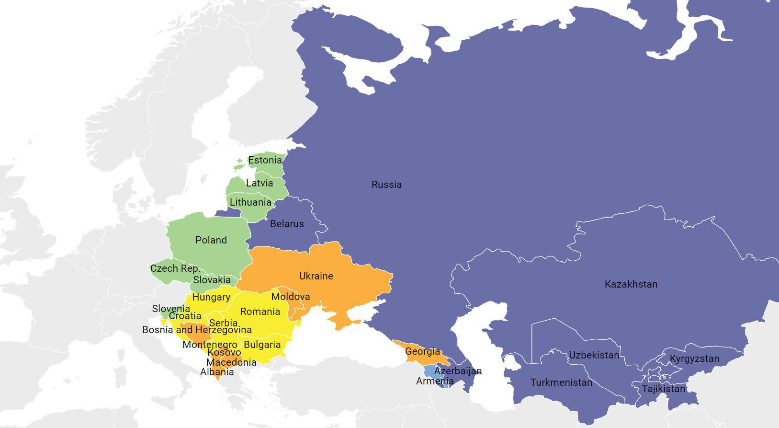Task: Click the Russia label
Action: pyautogui.click(x=386, y=185)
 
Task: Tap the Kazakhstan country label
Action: pyautogui.click(x=631, y=284)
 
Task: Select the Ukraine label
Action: pyautogui.click(x=316, y=276)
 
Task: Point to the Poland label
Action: pyautogui.click(x=211, y=240)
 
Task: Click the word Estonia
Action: pyautogui.click(x=265, y=160)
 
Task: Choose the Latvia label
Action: pyautogui.click(x=260, y=183)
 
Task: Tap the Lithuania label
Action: pyautogui.click(x=250, y=202)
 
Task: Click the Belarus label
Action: pyautogui.click(x=287, y=224)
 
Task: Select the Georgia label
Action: pyautogui.click(x=422, y=351)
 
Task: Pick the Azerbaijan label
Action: pyautogui.click(x=458, y=371)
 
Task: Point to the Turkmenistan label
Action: pyautogui.click(x=561, y=382)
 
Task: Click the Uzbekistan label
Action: pyautogui.click(x=594, y=355)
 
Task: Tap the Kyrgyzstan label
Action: pyautogui.click(x=694, y=359)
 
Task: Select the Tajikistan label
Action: pyautogui.click(x=663, y=389)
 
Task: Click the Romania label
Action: pyautogui.click(x=260, y=312)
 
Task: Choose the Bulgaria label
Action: pyautogui.click(x=262, y=345)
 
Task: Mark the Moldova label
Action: pyautogui.click(x=291, y=297)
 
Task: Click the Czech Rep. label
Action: pyautogui.click(x=175, y=268)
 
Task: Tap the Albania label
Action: pyautogui.click(x=217, y=372)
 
